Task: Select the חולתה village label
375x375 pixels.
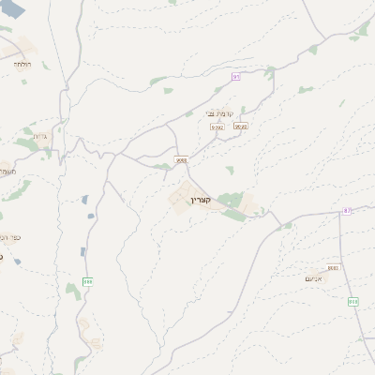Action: click(22, 65)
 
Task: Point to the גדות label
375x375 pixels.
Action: click(40, 137)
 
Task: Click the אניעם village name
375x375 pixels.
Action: click(315, 278)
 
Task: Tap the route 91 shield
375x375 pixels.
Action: click(236, 76)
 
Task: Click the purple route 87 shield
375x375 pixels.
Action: click(348, 212)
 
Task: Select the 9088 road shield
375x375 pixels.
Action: click(182, 159)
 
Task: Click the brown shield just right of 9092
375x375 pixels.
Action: click(241, 126)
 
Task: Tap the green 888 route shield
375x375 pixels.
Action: click(88, 280)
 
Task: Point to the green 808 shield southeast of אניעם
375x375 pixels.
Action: click(353, 301)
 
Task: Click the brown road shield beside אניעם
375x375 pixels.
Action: click(333, 268)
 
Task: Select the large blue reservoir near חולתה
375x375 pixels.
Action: click(14, 7)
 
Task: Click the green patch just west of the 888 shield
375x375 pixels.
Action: click(73, 290)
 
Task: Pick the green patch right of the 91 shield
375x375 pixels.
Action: click(271, 71)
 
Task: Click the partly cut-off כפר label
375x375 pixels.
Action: click(9, 238)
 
